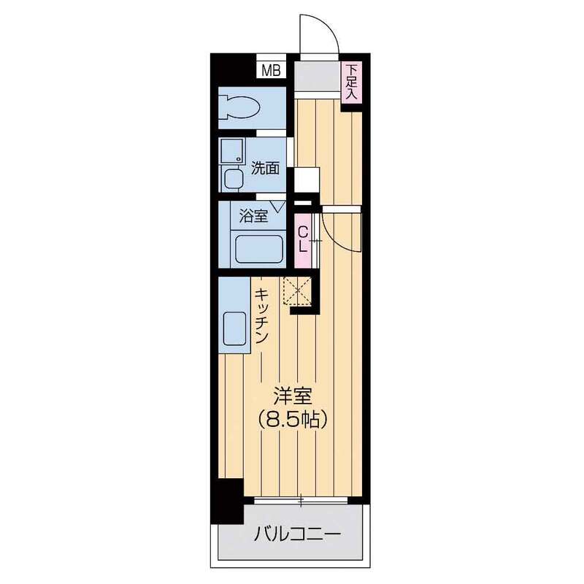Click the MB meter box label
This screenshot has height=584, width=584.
[x=271, y=70]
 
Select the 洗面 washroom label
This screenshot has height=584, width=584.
[x=265, y=169]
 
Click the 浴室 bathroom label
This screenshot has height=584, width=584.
[x=253, y=215]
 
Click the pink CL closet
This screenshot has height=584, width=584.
[x=303, y=241]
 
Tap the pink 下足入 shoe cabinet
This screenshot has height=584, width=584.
[x=352, y=82]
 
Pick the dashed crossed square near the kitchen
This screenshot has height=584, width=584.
[x=297, y=291]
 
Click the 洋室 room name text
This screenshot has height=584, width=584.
[x=293, y=396]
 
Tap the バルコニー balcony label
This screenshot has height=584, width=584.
[x=298, y=536]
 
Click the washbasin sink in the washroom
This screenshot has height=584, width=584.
[x=232, y=179]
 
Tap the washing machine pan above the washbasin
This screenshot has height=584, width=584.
[x=232, y=151]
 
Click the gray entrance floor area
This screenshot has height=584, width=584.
[x=318, y=75]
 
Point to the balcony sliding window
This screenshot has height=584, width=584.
[x=301, y=500]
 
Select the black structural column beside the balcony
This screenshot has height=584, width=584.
[x=227, y=501]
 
